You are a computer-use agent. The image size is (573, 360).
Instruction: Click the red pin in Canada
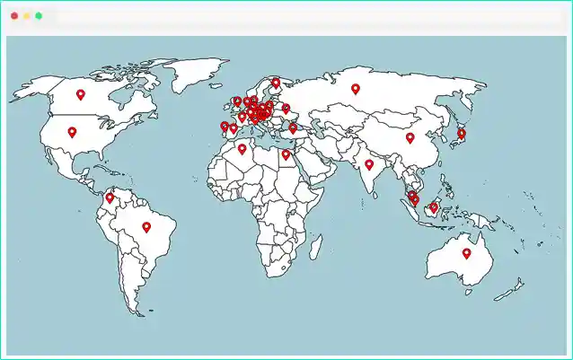[80, 93]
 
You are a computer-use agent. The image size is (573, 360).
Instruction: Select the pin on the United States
[72, 131]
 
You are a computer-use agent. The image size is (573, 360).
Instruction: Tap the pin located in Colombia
[110, 197]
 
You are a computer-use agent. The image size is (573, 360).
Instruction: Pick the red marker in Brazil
[146, 226]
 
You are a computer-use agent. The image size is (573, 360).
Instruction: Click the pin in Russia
[356, 88]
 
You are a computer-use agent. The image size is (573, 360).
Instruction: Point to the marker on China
[410, 137]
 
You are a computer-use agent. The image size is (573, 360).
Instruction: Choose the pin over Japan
[462, 133]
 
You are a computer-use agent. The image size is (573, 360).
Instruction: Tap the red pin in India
[369, 163]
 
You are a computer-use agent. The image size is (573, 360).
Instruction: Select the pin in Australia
[466, 252]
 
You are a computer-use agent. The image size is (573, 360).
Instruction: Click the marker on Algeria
[242, 149]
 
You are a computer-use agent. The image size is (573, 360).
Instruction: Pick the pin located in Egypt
[286, 154]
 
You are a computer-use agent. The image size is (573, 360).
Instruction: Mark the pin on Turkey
[293, 127]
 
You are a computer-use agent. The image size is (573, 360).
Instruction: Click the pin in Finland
[276, 83]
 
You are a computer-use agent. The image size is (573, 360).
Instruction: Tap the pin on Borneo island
[434, 206]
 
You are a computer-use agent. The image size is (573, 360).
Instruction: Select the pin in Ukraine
[286, 109]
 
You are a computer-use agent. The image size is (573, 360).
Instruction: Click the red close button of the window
[14, 16]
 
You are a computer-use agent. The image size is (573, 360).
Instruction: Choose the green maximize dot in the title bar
[40, 16]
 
